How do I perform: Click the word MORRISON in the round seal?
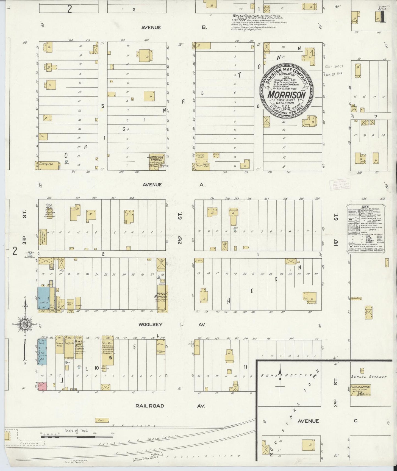[287, 95]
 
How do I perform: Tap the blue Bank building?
[42, 353]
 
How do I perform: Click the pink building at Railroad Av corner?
[42, 386]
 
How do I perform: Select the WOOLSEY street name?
[150, 324]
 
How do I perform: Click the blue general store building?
[43, 299]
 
